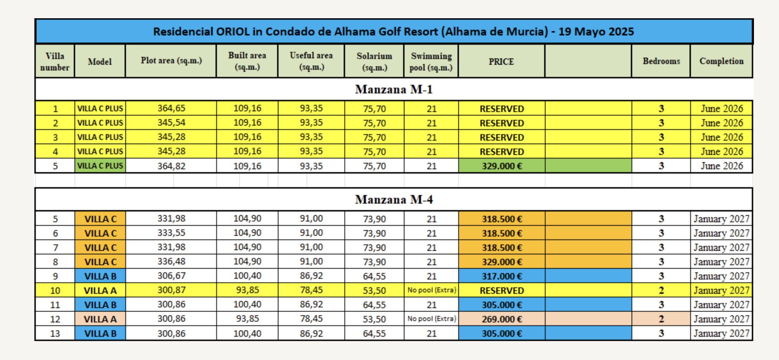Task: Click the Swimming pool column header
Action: (431, 62)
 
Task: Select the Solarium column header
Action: (374, 62)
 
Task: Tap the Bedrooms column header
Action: (661, 61)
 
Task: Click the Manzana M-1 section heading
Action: (394, 89)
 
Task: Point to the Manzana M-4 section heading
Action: (394, 199)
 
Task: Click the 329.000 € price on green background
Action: (502, 166)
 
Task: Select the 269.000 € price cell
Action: (502, 319)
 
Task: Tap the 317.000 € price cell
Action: (502, 276)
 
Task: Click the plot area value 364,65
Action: (171, 108)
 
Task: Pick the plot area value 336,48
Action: (171, 262)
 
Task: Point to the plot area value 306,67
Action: (171, 276)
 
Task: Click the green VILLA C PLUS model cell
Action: (100, 166)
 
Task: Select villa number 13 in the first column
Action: (55, 334)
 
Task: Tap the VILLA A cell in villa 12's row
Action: (100, 319)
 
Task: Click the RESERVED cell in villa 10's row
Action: (502, 291)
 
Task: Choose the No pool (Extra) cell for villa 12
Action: (432, 318)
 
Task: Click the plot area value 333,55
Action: (171, 233)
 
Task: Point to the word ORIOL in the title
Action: (233, 31)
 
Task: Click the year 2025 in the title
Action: (621, 31)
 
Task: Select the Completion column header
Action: (721, 61)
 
